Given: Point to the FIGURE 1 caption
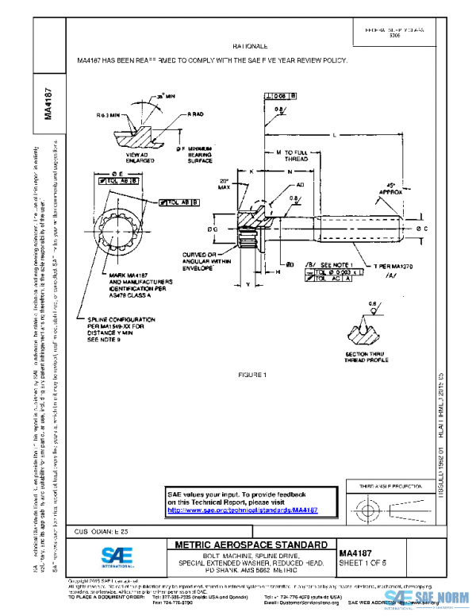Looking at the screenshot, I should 255,374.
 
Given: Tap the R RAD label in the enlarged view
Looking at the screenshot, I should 196,114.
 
